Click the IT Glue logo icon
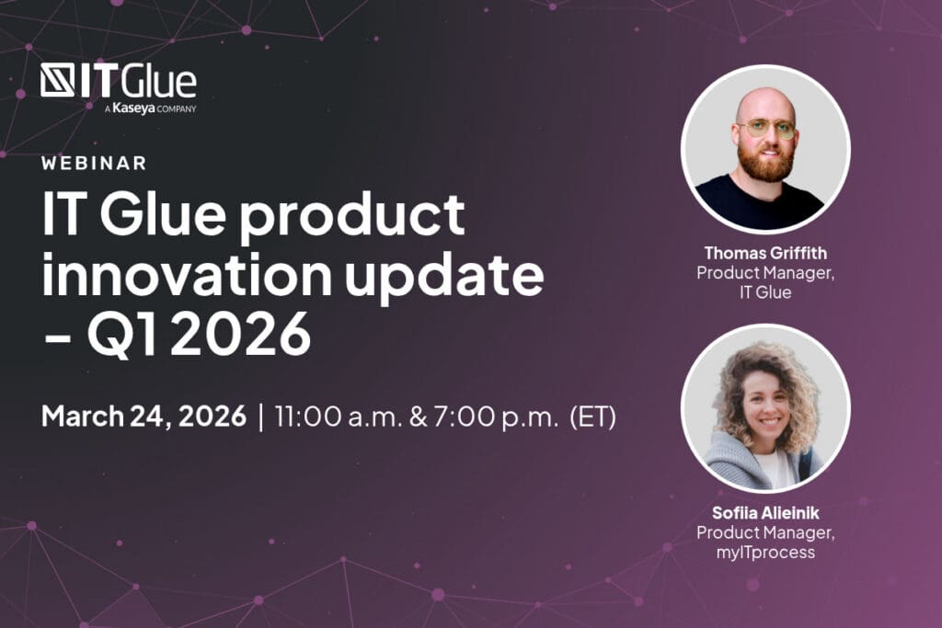58,80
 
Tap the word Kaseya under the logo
133,108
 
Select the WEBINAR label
95,163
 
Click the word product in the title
352,217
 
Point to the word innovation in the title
187,273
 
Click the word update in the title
444,276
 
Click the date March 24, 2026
144,416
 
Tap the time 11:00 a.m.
339,417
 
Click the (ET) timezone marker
593,417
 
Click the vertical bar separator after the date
260,417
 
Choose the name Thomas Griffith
765,253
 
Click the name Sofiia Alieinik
765,513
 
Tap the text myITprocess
765,553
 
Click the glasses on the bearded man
766,129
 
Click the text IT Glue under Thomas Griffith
765,292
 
